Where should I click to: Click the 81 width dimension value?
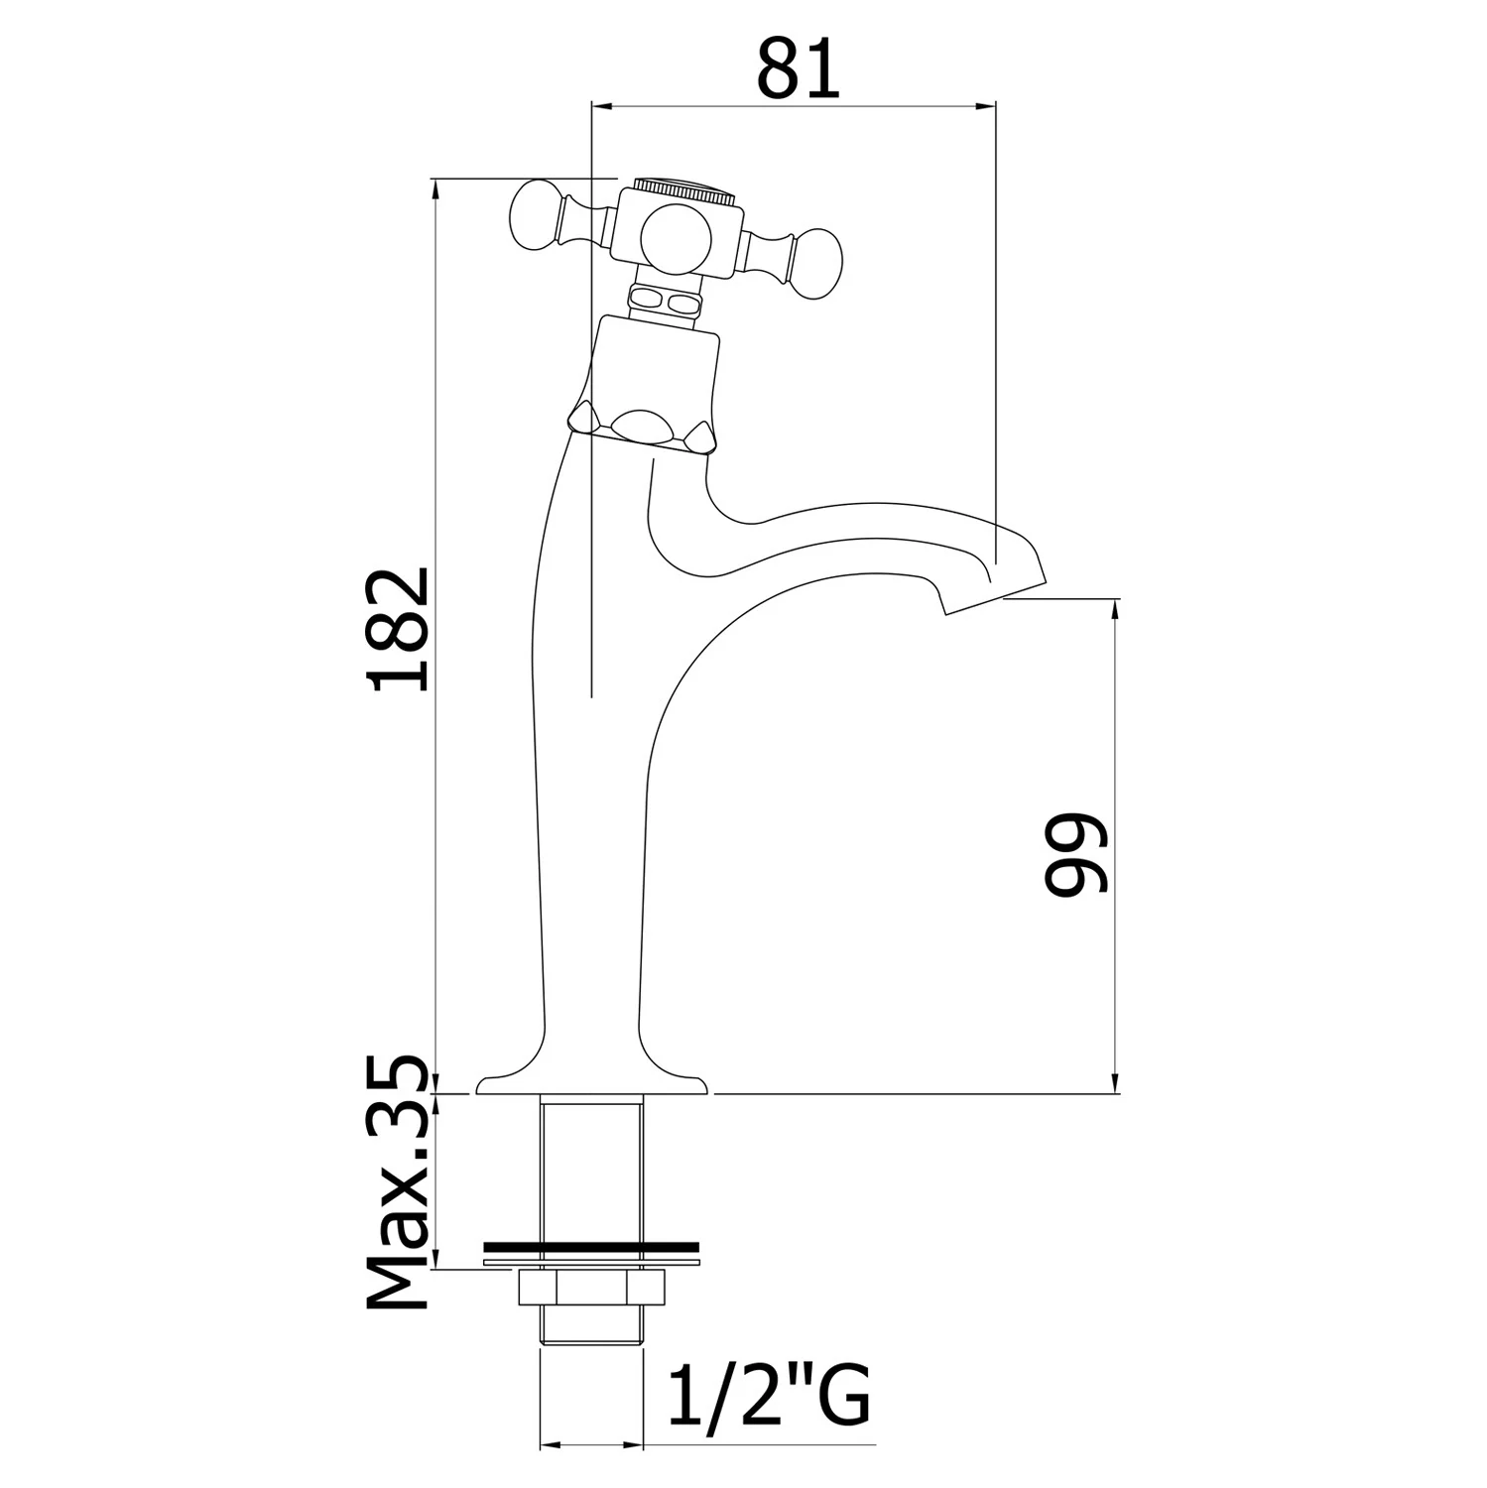click(x=799, y=68)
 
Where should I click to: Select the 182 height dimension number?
click(x=397, y=628)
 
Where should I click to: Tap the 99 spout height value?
click(x=1075, y=854)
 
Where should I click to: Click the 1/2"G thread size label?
click(x=770, y=1396)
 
